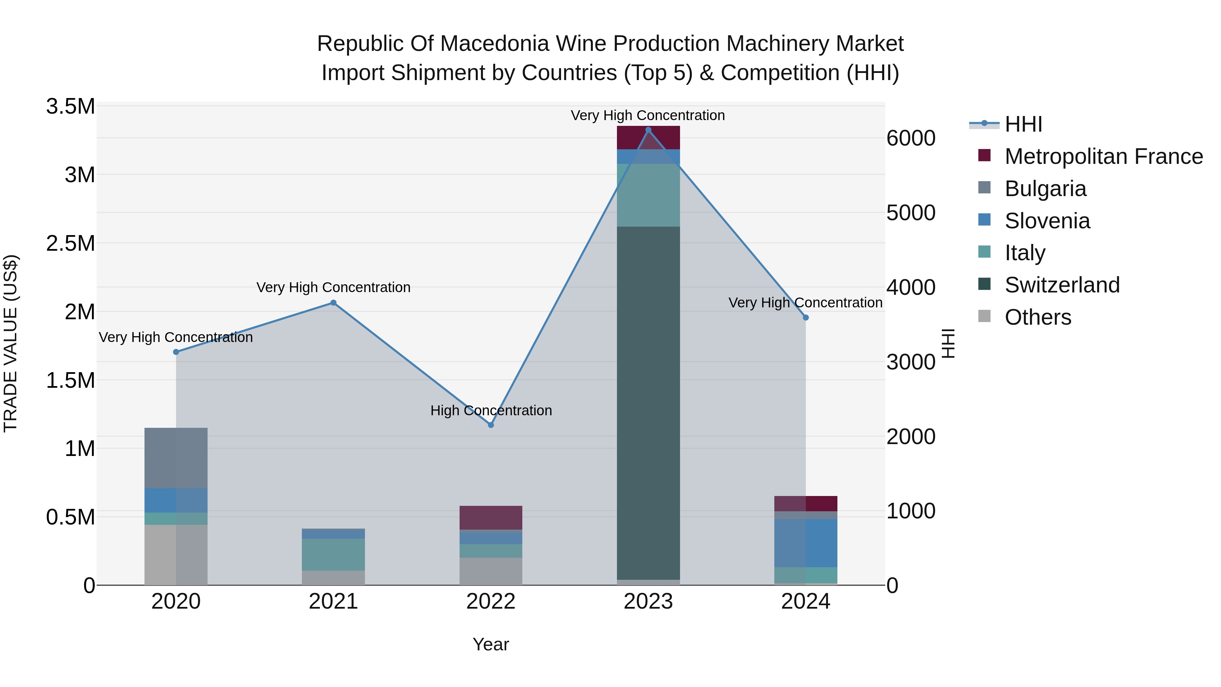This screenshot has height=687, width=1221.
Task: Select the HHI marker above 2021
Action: (x=333, y=303)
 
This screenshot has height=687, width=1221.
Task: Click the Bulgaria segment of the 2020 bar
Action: (x=176, y=458)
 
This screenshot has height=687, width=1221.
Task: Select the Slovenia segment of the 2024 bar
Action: (x=806, y=543)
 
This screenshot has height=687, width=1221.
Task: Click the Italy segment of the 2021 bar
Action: (x=333, y=554)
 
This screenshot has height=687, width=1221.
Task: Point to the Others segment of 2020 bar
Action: (x=176, y=555)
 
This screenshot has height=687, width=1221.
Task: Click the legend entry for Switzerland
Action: (x=1062, y=285)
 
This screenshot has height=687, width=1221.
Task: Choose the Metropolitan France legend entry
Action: (x=1103, y=156)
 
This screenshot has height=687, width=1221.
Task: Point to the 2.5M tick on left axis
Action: (x=71, y=243)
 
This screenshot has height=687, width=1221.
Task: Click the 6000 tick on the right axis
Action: (x=911, y=138)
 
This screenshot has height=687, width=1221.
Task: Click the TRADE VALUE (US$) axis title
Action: (x=11, y=343)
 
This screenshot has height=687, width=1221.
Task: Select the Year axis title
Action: (x=490, y=644)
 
